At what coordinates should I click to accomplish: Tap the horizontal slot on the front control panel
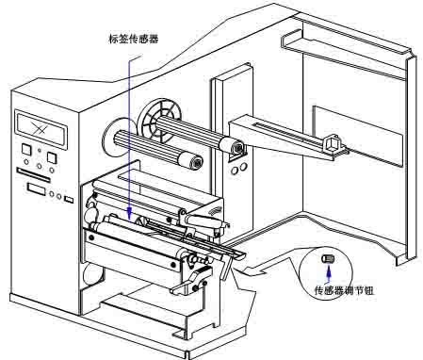(x=36, y=175)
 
